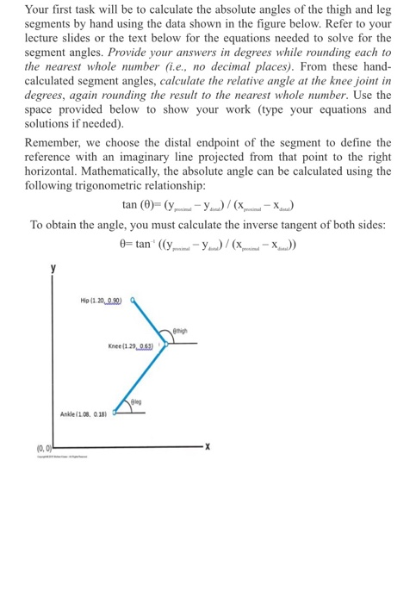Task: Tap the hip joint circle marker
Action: point(133,301)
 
